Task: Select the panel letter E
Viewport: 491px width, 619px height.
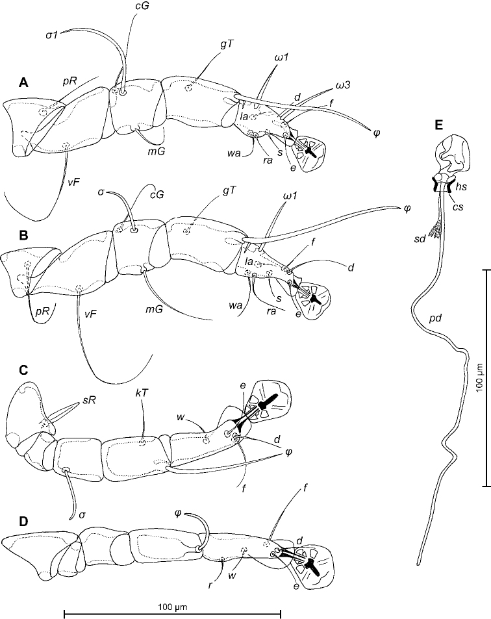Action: [x=438, y=125]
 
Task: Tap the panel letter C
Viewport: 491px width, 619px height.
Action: [x=23, y=370]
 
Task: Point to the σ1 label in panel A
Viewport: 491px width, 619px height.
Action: [x=52, y=35]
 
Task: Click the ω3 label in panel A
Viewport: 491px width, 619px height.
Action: [x=343, y=84]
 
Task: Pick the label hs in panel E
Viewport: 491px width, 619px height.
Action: [x=461, y=186]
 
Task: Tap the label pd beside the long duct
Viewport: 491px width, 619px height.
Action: [x=435, y=318]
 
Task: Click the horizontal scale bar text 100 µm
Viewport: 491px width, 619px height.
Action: [x=172, y=607]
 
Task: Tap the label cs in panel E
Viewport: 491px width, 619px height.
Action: [x=458, y=206]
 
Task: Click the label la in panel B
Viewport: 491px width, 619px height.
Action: [x=249, y=261]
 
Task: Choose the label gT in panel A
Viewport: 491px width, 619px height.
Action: [x=227, y=45]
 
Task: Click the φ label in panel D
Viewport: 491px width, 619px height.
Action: [x=177, y=514]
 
